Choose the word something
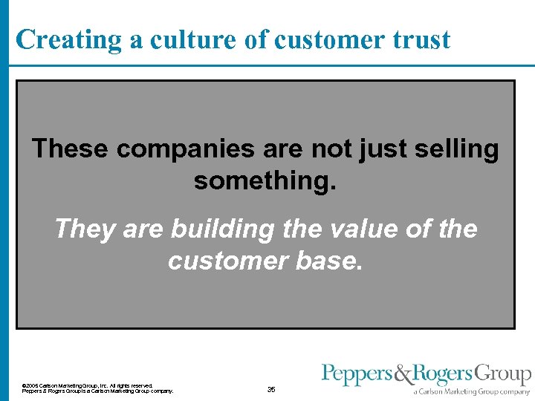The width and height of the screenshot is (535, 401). pos(265,180)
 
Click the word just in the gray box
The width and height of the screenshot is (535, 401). pos(383,149)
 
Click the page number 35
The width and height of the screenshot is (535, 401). pos(271,389)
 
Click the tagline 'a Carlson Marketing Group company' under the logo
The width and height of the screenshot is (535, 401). pos(473,391)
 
